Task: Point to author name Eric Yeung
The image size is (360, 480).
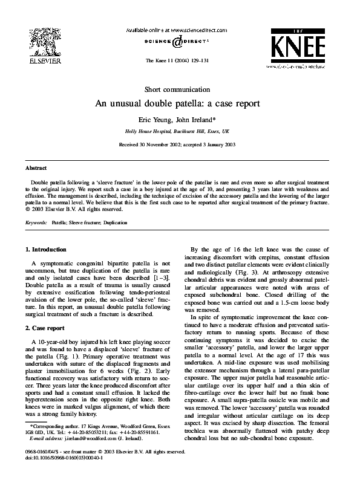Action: [157, 120]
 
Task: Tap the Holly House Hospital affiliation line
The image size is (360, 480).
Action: [177, 131]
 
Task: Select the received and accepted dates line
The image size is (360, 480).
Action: [177, 145]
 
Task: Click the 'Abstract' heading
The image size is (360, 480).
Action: [36, 167]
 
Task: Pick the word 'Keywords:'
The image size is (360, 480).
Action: [37, 222]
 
